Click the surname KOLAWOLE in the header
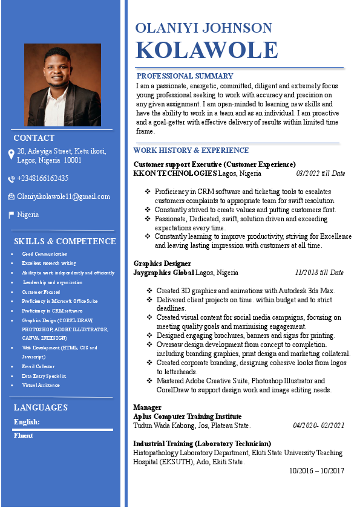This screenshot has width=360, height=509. (x=206, y=50)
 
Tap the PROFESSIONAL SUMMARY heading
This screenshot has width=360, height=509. (x=185, y=76)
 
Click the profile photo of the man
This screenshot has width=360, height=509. (x=62, y=85)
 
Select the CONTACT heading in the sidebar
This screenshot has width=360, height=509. (x=34, y=138)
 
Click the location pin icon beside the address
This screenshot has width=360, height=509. (x=11, y=155)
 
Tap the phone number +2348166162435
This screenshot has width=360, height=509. (x=42, y=178)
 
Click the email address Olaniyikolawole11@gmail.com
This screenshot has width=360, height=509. (x=64, y=196)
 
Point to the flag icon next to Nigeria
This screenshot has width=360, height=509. (x=11, y=215)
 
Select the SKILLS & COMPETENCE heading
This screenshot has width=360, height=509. (x=65, y=241)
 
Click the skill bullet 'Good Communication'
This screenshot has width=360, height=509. (x=45, y=254)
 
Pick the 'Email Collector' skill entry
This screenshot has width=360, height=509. (x=38, y=366)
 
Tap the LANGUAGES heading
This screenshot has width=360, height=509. (x=41, y=407)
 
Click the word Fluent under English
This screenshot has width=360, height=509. (x=23, y=435)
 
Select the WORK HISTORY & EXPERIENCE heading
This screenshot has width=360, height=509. (x=191, y=150)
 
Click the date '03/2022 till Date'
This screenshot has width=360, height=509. (x=320, y=173)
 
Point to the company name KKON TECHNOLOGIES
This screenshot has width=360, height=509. (x=175, y=173)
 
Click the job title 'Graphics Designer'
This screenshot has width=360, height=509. (x=162, y=264)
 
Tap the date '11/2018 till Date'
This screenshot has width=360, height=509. (x=319, y=273)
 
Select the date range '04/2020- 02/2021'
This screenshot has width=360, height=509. (x=318, y=426)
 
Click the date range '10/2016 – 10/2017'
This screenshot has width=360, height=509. (x=316, y=470)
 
